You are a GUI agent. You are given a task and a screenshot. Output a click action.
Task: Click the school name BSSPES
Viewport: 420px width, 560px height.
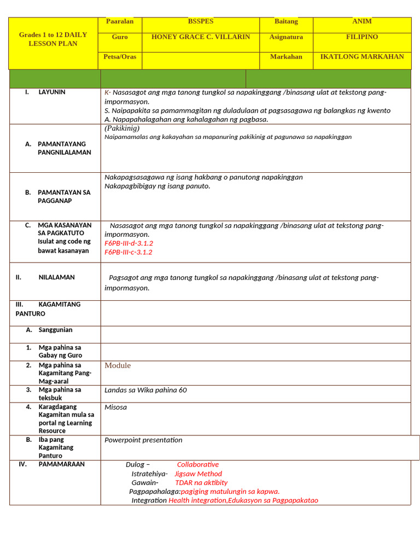200,21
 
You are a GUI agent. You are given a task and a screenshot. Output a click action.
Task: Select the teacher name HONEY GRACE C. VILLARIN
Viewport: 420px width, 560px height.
200,37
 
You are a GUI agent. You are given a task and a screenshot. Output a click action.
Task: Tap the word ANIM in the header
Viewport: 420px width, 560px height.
361,21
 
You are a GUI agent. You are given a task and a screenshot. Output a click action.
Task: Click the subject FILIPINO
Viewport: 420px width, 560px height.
361,37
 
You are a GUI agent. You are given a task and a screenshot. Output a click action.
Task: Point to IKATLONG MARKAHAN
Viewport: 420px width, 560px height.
361,57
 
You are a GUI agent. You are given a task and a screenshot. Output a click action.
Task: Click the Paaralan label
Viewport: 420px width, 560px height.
120,21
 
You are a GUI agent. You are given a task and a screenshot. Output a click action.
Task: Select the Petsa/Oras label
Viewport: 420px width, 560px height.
120,57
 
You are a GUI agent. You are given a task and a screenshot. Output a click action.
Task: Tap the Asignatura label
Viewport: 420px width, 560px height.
285,37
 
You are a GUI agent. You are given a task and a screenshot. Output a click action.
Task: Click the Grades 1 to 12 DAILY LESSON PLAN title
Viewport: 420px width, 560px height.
53,39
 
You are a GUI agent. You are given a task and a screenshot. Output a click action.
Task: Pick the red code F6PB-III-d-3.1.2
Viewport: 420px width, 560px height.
129,243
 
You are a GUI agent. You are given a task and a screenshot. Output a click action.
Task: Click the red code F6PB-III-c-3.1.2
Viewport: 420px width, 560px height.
129,253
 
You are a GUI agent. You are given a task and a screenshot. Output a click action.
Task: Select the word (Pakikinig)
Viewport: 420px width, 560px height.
122,128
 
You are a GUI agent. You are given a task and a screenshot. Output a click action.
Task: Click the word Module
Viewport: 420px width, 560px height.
118,366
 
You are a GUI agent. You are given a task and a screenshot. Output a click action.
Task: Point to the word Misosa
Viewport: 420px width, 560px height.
115,407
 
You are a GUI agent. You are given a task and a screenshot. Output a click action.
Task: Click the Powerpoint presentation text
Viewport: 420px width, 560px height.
143,440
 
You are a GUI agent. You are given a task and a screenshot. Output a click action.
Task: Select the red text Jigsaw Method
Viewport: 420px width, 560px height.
198,474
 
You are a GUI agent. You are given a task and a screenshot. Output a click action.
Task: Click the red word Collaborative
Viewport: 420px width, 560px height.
197,465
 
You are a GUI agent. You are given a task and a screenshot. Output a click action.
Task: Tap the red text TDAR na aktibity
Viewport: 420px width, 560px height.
201,483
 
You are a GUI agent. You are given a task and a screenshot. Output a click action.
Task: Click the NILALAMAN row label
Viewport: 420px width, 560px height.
56,277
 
